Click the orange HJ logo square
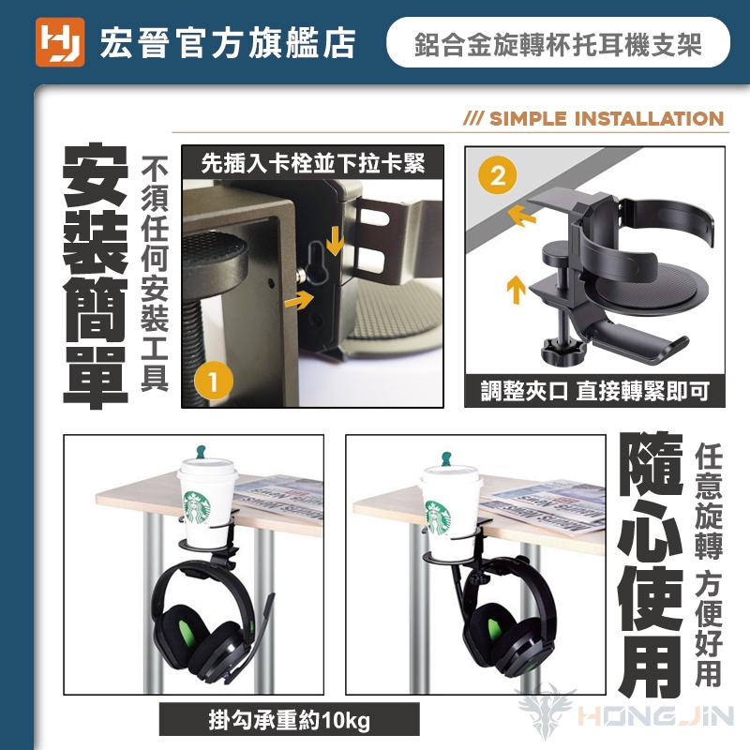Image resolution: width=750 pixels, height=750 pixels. click(60, 42)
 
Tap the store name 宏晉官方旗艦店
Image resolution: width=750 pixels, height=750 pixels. click(228, 43)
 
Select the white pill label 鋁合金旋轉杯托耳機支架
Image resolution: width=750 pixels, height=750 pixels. click(558, 42)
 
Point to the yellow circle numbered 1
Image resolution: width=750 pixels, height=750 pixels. click(214, 382)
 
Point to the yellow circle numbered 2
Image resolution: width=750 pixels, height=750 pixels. click(498, 175)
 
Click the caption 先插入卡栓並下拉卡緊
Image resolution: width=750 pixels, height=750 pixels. click(313, 163)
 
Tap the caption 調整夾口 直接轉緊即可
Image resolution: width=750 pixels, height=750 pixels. click(595, 391)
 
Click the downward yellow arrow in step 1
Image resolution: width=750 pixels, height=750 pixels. click(335, 241)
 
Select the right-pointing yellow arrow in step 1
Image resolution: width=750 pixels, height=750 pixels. click(299, 300)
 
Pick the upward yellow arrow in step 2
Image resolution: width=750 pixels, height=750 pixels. click(517, 290)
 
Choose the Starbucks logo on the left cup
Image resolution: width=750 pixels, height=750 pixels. click(197, 507)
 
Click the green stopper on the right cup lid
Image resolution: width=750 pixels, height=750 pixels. click(446, 457)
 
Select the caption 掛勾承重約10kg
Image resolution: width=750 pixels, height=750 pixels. click(290, 720)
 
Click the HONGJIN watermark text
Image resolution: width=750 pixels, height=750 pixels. click(655, 716)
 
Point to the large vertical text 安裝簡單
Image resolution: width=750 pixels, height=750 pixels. click(96, 276)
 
